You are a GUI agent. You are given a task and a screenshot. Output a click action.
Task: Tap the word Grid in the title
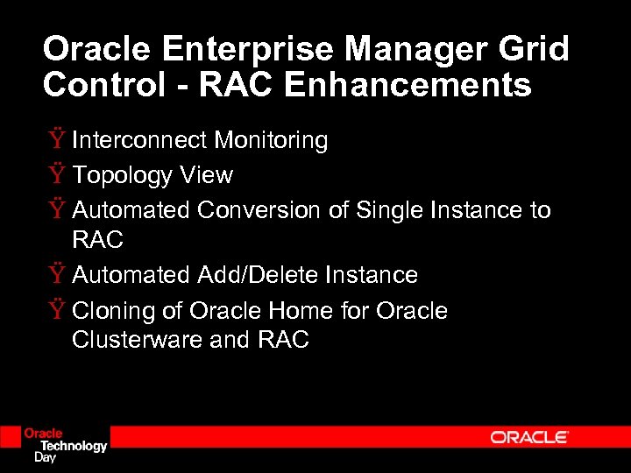(x=535, y=49)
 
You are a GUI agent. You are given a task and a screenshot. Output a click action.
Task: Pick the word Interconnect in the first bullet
(x=141, y=140)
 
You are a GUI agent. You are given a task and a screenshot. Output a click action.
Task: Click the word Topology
(x=123, y=175)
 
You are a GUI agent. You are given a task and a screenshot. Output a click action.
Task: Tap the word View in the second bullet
(x=206, y=175)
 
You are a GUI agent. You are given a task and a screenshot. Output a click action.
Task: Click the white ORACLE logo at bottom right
(x=529, y=437)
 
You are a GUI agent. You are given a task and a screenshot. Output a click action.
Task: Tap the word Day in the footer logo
(x=44, y=456)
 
